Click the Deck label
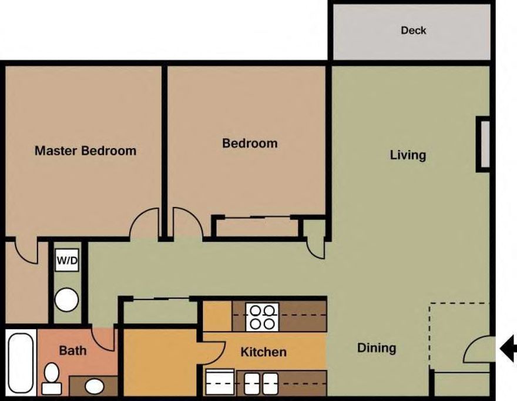(413, 31)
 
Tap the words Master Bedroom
(85, 151)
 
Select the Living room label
(408, 155)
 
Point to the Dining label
(377, 348)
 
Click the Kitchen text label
(264, 352)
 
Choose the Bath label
(73, 351)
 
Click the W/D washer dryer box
(67, 261)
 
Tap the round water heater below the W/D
(66, 300)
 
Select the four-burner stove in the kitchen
(261, 316)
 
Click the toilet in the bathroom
(52, 377)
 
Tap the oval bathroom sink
(93, 386)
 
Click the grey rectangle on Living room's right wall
(484, 145)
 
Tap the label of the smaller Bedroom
(250, 143)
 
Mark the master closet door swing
(26, 250)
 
